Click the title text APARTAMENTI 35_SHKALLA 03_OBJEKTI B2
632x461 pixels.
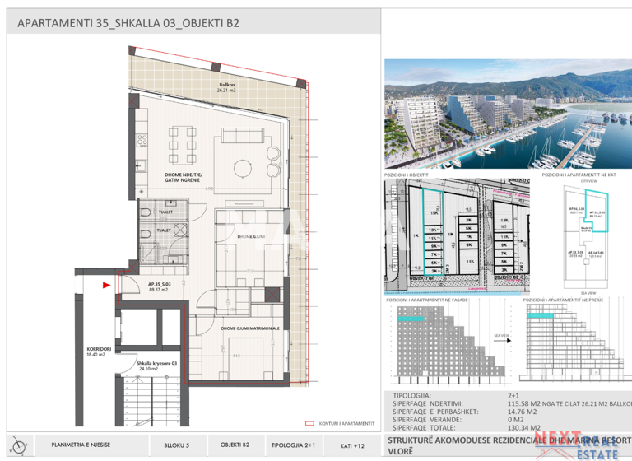click(x=128, y=23)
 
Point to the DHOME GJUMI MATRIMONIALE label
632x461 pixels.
click(x=248, y=327)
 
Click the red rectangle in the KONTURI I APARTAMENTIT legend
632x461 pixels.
click(x=310, y=422)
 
